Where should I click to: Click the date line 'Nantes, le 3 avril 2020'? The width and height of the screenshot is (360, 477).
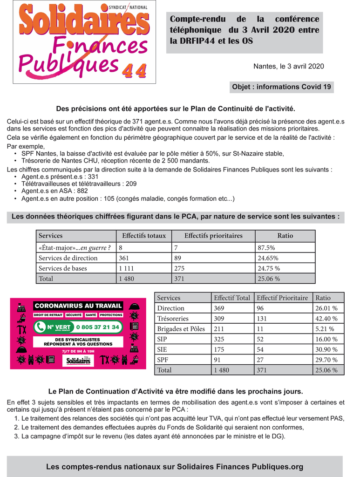(288, 66)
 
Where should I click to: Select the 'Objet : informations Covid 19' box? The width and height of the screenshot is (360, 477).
(281, 87)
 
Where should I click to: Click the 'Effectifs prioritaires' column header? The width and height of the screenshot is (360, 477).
(213, 236)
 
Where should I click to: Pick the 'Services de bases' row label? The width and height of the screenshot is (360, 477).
(62, 268)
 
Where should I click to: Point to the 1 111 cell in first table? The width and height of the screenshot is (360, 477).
(127, 268)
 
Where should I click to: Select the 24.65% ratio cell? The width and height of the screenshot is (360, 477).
(268, 258)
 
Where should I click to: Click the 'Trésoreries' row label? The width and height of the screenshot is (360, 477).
(173, 319)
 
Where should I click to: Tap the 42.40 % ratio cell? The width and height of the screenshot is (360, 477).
(326, 319)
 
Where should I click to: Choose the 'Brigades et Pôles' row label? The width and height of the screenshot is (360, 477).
(181, 329)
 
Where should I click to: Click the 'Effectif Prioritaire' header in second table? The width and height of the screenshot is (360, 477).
(282, 298)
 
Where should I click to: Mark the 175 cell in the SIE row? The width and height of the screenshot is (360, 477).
(219, 349)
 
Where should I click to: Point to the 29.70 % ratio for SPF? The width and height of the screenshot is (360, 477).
(326, 360)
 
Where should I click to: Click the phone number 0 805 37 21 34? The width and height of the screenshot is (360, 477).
(98, 327)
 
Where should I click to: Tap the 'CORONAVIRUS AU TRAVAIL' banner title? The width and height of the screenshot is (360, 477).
(78, 306)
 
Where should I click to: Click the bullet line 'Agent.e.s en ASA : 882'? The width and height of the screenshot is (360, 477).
(54, 191)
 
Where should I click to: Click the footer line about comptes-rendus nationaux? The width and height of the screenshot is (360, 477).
(175, 467)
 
